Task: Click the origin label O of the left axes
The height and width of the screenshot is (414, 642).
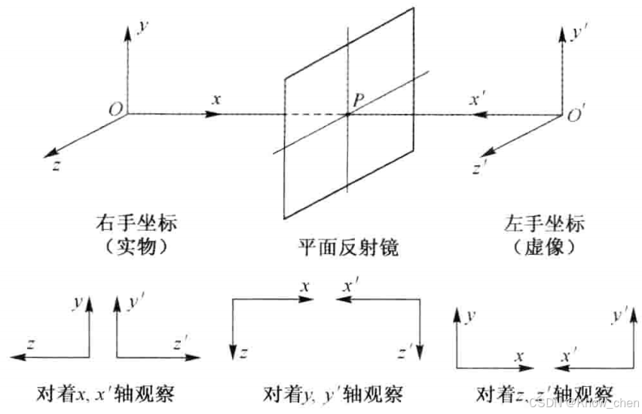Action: pos(115,110)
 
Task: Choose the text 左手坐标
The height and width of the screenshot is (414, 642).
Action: pos(542,225)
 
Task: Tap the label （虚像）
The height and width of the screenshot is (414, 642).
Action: pos(542,247)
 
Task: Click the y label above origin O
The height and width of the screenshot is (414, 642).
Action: pos(142,27)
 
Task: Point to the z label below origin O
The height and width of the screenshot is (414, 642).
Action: pos(56,166)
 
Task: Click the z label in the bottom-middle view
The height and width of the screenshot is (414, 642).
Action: pos(244,352)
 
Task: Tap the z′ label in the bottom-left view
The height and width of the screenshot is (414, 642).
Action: pos(178,345)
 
